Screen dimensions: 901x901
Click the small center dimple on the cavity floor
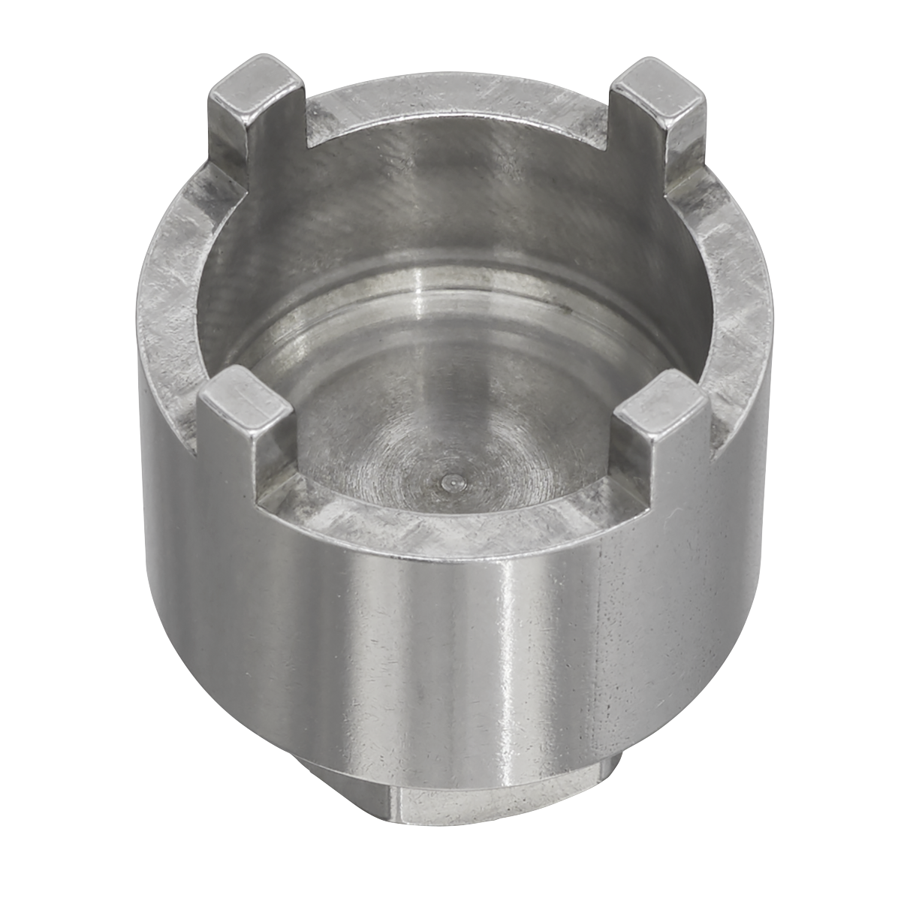pos(448,483)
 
